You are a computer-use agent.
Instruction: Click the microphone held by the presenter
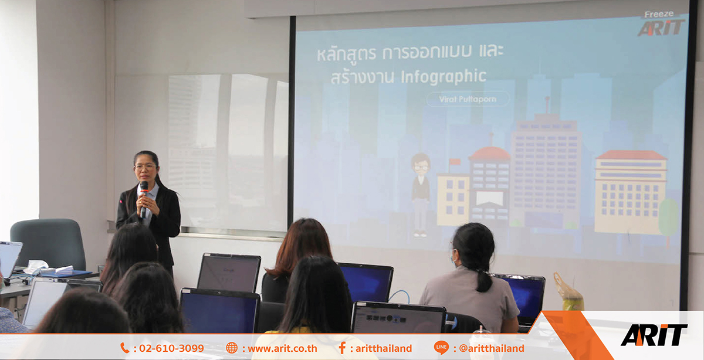[x=144, y=199]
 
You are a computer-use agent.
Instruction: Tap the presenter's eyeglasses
[x=145, y=167]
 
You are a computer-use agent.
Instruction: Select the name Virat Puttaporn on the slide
[x=468, y=99]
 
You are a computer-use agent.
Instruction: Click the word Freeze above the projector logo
[x=659, y=14]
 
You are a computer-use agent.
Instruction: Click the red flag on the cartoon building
[x=455, y=162]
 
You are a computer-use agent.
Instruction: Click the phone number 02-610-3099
[x=171, y=348]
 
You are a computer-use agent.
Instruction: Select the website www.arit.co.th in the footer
[x=282, y=348]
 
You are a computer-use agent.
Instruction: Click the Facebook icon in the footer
[x=342, y=348]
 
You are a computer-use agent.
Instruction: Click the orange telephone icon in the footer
[x=125, y=348]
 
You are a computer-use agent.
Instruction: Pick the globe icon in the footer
[x=232, y=348]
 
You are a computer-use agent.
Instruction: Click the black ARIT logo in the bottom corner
[x=654, y=335]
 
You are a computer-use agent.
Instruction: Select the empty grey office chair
[x=49, y=243]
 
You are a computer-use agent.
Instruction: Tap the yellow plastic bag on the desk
[x=568, y=293]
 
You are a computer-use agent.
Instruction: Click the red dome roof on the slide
[x=490, y=154]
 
